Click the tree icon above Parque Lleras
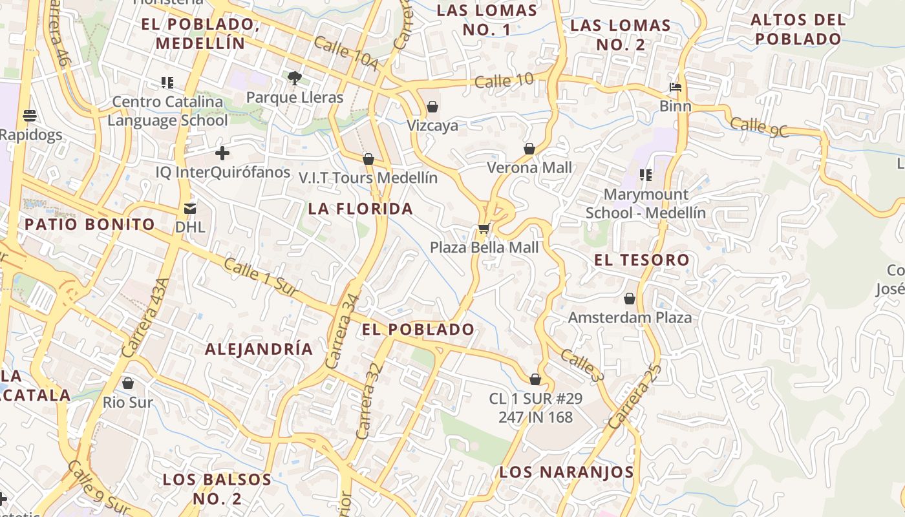point(295,78)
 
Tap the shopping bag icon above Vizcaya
point(432,107)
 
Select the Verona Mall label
point(529,167)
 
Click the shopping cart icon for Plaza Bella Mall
point(484,228)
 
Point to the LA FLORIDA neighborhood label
point(360,209)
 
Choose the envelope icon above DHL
point(190,208)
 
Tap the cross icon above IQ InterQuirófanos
point(222,153)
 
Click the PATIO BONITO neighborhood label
point(90,224)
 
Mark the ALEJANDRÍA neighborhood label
point(259,349)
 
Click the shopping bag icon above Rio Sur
point(128,383)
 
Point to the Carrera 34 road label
point(343,332)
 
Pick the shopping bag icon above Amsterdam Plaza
point(630,299)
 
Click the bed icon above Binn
point(676,87)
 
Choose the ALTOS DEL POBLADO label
point(798,29)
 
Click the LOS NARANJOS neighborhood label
point(566,472)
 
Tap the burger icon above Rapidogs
point(29,116)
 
